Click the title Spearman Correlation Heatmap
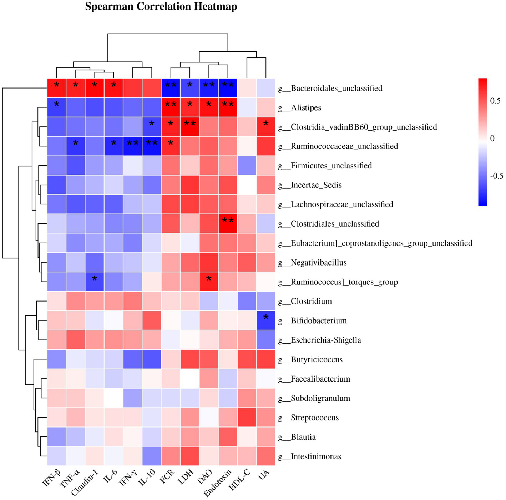pos(161,7)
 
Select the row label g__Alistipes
pos(306,108)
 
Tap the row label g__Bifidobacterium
pos(319,321)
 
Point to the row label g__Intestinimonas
pos(316,456)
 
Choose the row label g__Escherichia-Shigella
pos(326,340)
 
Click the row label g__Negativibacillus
pos(319,263)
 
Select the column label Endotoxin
pos(217,483)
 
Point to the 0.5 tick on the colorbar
pos(495,101)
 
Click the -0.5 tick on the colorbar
pos(496,176)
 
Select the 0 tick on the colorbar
pos(492,138)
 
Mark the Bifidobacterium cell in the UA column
pos(265,320)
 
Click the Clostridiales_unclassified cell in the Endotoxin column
pos(228,224)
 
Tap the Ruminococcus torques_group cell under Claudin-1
pos(95,282)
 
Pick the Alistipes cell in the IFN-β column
pos(57,107)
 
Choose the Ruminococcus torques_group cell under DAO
pos(209,282)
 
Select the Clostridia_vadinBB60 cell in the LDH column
pos(190,127)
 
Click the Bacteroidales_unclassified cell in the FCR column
pos(171,88)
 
